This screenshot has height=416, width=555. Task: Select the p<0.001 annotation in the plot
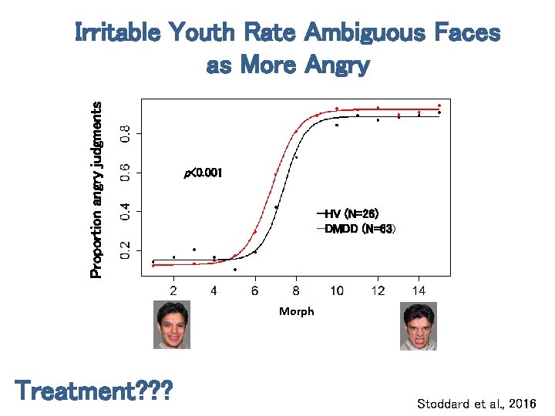click(x=203, y=173)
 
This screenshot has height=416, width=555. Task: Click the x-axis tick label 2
click(x=173, y=290)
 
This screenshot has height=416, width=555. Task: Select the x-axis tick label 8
click(x=296, y=290)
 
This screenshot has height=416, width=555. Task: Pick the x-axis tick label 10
click(x=337, y=290)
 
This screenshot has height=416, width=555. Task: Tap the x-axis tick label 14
click(x=418, y=290)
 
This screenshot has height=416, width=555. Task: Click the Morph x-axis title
click(x=296, y=311)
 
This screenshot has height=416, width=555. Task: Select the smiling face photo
click(x=172, y=325)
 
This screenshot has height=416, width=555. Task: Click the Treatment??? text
click(x=93, y=391)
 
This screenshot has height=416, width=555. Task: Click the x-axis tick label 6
click(x=255, y=290)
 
